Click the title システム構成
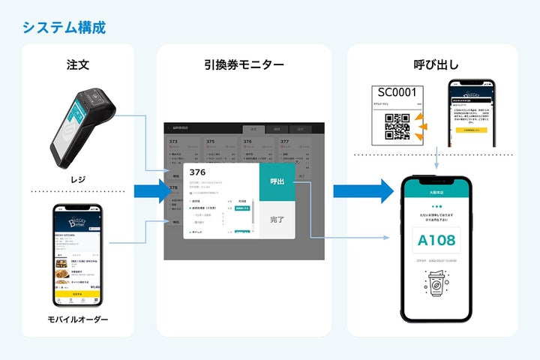click(x=64, y=28)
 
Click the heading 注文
click(x=77, y=64)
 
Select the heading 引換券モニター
click(x=244, y=64)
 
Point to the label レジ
click(x=77, y=179)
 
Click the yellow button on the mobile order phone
click(x=79, y=295)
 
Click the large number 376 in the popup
click(x=200, y=172)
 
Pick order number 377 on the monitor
click(x=285, y=140)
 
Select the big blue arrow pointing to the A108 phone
click(x=364, y=191)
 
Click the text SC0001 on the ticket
click(x=397, y=92)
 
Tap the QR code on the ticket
click(x=397, y=125)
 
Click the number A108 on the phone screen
click(x=436, y=241)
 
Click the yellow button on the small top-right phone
click(x=472, y=130)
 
